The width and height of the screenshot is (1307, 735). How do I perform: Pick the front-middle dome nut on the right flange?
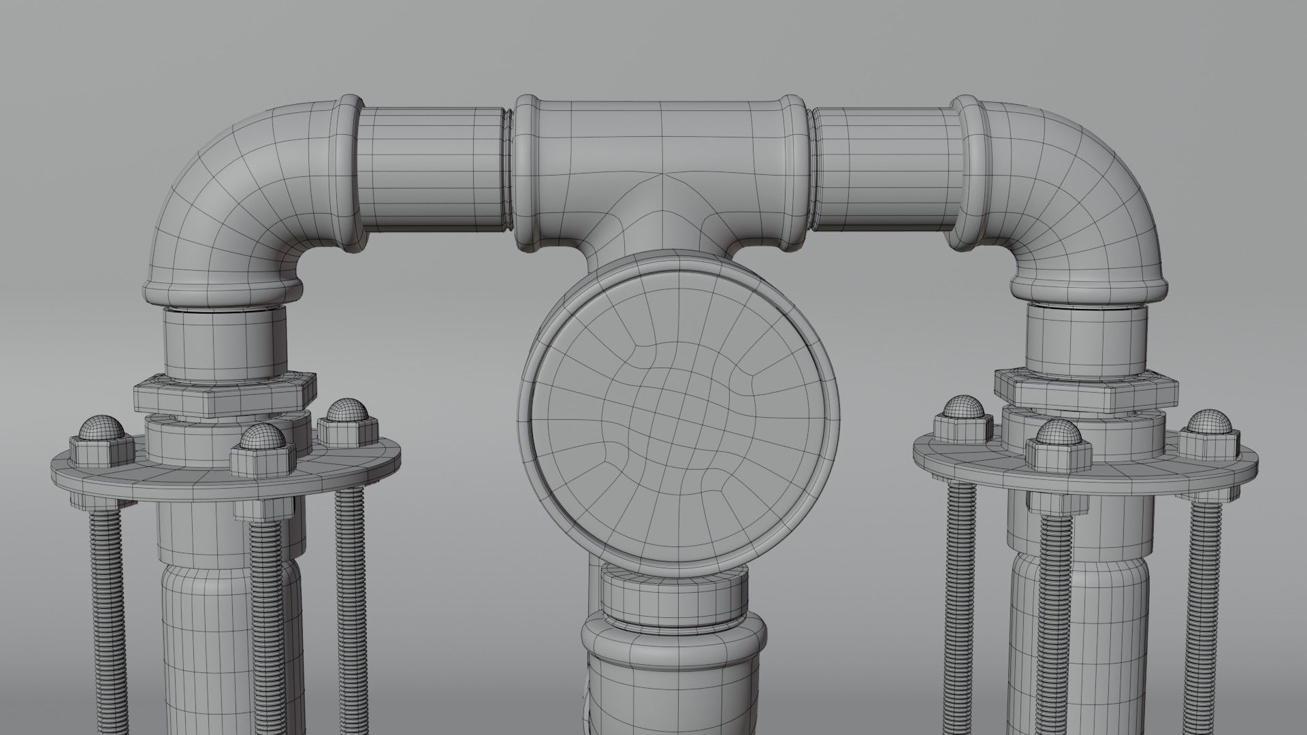pyautogui.click(x=1056, y=442)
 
